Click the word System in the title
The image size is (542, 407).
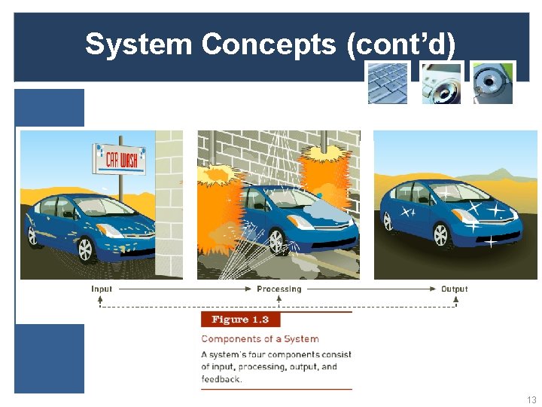(139, 44)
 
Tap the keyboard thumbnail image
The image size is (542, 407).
(388, 83)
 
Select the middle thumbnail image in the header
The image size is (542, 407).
(440, 83)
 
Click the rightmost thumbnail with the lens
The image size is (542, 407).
(492, 83)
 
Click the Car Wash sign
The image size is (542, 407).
(118, 158)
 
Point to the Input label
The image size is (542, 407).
(102, 289)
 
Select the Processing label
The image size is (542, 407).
(279, 289)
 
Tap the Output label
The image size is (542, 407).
(454, 289)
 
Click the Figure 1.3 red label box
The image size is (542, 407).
(240, 320)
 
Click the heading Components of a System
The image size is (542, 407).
(260, 339)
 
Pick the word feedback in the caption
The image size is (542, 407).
(221, 379)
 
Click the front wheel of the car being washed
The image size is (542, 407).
(277, 241)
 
